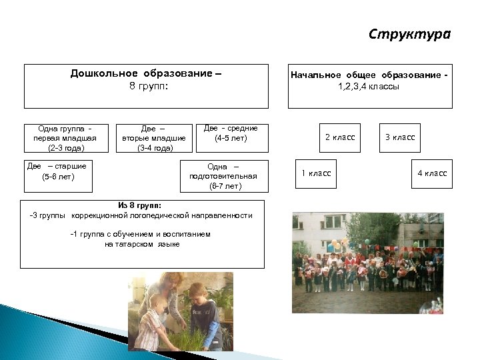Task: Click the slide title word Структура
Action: tap(410, 34)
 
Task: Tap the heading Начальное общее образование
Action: tap(369, 75)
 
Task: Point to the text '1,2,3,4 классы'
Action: tap(369, 87)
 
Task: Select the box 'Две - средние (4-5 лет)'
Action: tap(230, 133)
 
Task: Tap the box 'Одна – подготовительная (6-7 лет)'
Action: tap(223, 176)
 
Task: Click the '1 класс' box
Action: tap(316, 174)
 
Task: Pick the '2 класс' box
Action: tap(340, 137)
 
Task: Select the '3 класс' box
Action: tap(400, 137)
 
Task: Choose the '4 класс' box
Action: tap(432, 174)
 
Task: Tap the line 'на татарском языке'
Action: tap(142, 244)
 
